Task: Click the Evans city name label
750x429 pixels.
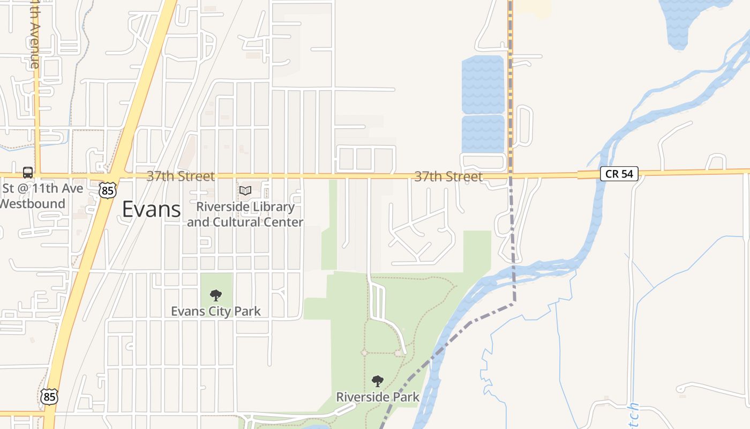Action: coord(152,209)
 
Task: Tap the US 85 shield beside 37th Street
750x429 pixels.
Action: coord(107,189)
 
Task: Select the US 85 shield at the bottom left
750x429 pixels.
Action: coord(49,396)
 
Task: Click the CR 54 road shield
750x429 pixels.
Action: coord(619,174)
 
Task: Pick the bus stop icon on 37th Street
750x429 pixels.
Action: coord(28,173)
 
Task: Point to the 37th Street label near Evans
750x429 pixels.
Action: coord(181,176)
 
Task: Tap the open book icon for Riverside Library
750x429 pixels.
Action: coord(245,190)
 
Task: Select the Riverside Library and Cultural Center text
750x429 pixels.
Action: coord(245,214)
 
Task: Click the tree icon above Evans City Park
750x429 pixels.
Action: coord(216,295)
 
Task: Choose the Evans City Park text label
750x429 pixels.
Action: coord(216,311)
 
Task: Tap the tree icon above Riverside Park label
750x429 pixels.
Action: coord(378,381)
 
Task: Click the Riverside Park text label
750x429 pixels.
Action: coord(378,397)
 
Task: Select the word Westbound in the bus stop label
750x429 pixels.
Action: coord(33,204)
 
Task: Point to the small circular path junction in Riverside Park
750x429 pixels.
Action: coord(364,352)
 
